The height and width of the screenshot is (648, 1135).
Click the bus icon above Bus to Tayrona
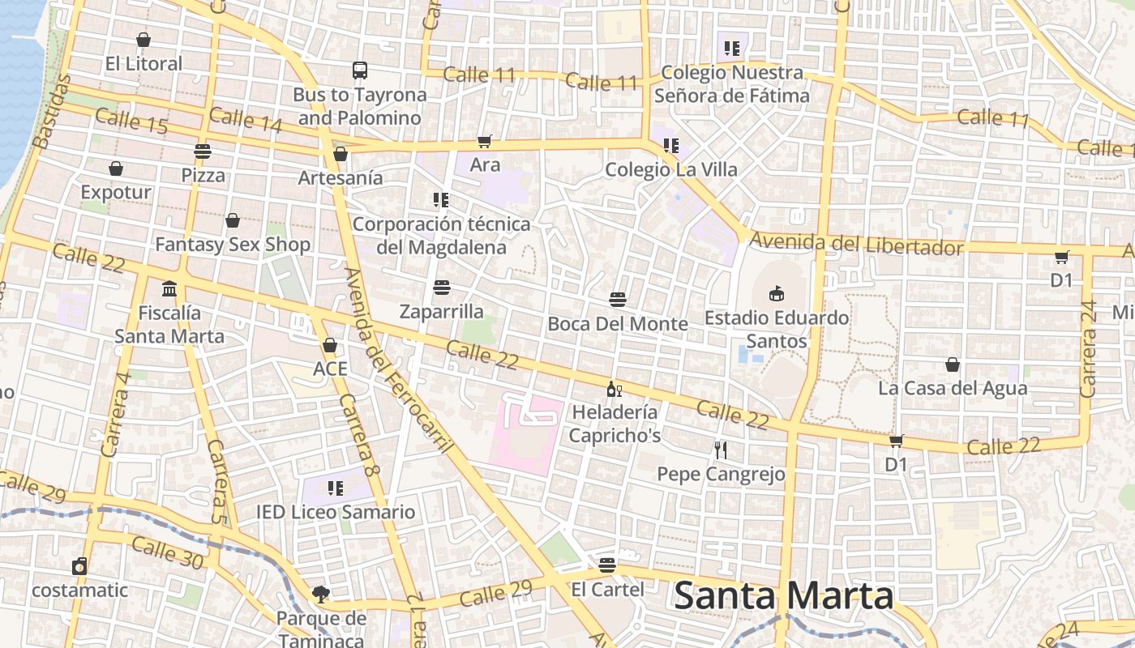pyautogui.click(x=360, y=70)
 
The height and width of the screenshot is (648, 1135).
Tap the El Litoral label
pyautogui.click(x=143, y=63)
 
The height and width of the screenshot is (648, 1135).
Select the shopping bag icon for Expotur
pyautogui.click(x=116, y=168)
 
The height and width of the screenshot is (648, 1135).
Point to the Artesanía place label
pyautogui.click(x=340, y=177)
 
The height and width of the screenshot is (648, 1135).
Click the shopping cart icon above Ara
pyautogui.click(x=485, y=142)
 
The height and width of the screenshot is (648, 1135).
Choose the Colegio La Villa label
pyautogui.click(x=671, y=169)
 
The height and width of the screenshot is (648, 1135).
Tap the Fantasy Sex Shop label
pyautogui.click(x=233, y=244)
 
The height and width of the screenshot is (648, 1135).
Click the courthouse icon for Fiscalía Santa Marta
pyautogui.click(x=169, y=288)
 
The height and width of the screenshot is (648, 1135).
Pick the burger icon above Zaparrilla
pyautogui.click(x=442, y=288)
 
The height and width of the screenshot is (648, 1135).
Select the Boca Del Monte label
pyautogui.click(x=618, y=324)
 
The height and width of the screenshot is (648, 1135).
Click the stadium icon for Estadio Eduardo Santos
pyautogui.click(x=777, y=293)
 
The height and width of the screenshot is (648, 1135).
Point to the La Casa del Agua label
pyautogui.click(x=953, y=388)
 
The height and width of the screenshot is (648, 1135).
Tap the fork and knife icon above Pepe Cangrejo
pyautogui.click(x=721, y=450)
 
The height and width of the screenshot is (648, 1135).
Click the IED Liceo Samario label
pyautogui.click(x=336, y=512)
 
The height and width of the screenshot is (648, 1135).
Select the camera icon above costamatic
pyautogui.click(x=79, y=566)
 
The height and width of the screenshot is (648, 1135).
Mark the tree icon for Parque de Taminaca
pyautogui.click(x=321, y=595)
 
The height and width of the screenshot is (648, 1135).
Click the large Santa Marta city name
pyautogui.click(x=783, y=596)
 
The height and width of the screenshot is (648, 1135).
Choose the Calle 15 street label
pyautogui.click(x=131, y=122)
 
